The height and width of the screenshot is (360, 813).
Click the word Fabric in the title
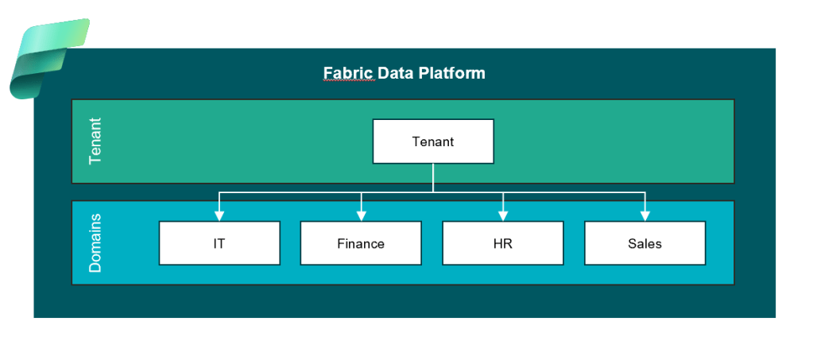[x=347, y=73]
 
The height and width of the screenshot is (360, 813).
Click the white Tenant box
[x=433, y=141]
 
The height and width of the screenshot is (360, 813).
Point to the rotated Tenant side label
[x=95, y=141]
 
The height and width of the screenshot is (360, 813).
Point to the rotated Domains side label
[x=95, y=242]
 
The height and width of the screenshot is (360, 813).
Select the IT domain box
[x=219, y=243]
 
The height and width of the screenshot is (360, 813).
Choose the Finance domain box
[x=361, y=243]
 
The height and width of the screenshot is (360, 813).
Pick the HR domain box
[x=502, y=243]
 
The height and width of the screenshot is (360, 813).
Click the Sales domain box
[x=645, y=243]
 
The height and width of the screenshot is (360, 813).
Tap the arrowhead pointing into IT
[x=219, y=215]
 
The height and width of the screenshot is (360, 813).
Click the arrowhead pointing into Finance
[x=361, y=215]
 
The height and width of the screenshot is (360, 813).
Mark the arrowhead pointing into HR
[x=502, y=215]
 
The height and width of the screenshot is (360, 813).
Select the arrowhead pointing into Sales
[x=645, y=215]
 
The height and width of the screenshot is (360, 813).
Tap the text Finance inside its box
[x=361, y=244]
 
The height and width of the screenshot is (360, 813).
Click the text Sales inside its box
[x=645, y=244]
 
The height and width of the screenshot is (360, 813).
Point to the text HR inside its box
[x=502, y=244]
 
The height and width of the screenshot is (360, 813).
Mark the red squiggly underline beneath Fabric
[x=347, y=82]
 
